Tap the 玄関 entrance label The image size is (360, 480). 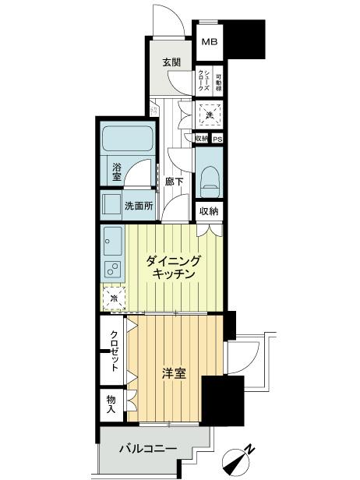coord(172,62)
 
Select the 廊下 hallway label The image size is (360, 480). coord(174,182)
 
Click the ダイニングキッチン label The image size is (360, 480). coord(175,268)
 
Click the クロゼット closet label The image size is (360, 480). coord(114,350)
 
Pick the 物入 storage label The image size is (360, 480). coord(111,403)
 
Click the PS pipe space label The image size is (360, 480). coord(217,139)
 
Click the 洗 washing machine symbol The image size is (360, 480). coord(209,115)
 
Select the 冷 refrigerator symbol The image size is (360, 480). coord(114,298)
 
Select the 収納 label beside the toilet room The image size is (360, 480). coord(208,211)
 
